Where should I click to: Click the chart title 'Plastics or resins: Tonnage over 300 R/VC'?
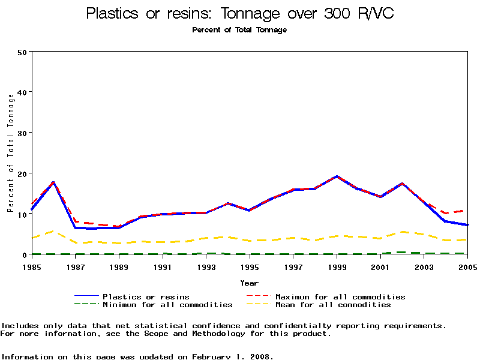(240, 13)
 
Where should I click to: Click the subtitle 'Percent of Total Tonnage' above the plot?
(239, 30)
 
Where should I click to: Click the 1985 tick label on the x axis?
(32, 266)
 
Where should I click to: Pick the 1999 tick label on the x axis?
(337, 266)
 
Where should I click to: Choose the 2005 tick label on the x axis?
(467, 266)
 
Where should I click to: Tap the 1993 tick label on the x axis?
(206, 266)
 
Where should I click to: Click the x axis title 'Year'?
(249, 283)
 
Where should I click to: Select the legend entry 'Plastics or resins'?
(146, 296)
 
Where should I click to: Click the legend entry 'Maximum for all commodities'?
(340, 296)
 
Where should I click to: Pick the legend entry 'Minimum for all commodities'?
(167, 305)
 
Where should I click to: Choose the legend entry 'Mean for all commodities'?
(333, 305)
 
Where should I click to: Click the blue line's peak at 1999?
(337, 176)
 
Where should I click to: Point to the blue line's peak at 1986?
(53, 182)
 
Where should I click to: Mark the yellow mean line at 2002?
(403, 232)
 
